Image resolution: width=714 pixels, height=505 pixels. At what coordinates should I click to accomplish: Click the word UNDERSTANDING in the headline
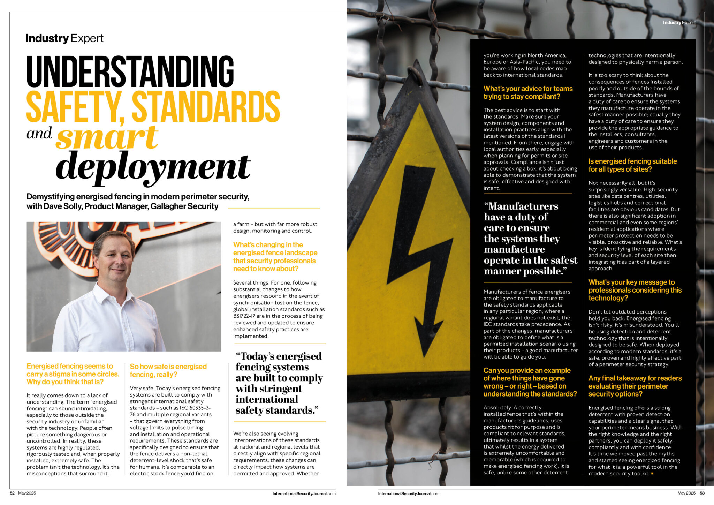point(130,71)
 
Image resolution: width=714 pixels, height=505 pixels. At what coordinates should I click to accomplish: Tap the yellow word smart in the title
point(107,137)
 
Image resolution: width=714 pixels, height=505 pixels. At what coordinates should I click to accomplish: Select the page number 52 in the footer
point(12,493)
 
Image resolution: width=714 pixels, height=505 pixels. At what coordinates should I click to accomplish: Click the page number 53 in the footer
point(702,493)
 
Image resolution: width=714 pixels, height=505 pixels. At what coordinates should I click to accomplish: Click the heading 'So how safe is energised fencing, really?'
point(168,370)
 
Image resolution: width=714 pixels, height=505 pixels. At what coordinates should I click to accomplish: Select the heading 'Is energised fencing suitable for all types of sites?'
point(632,165)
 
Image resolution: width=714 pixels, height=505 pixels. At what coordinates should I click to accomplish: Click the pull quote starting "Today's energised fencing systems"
point(279,383)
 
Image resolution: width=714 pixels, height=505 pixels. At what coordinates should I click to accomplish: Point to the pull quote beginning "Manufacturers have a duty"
point(530,239)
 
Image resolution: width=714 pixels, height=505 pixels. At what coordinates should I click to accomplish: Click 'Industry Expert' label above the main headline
point(64,38)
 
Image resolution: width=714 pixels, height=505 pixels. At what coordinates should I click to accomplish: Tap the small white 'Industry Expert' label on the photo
point(679,23)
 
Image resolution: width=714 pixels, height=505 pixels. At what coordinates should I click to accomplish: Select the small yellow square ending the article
point(652,474)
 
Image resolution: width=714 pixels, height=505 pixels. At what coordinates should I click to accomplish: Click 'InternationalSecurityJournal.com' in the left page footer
point(304,493)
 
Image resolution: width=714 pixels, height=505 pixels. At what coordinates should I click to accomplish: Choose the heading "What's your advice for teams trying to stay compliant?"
point(528,93)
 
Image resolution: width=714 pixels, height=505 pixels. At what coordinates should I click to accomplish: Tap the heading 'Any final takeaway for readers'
point(635,378)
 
